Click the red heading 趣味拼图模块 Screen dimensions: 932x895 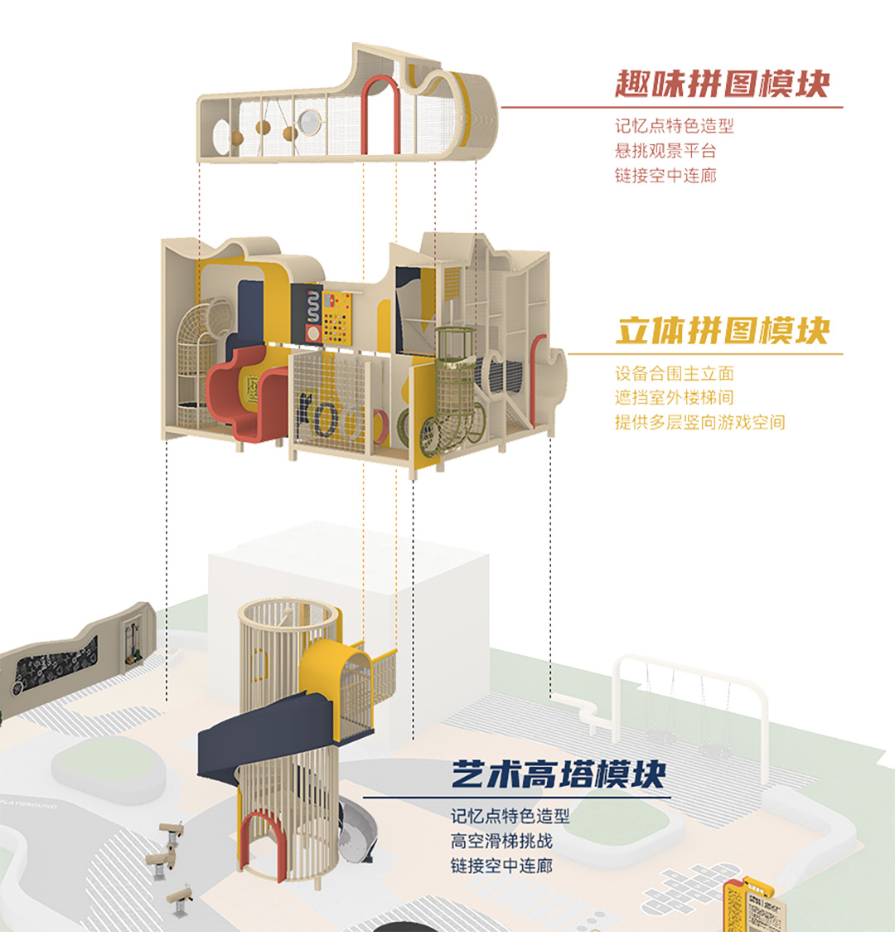[x=722, y=84]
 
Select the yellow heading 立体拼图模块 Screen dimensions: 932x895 [x=722, y=330]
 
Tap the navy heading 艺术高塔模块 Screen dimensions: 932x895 [x=559, y=774]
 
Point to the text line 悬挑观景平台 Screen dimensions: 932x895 [x=665, y=151]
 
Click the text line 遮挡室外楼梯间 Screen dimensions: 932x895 [x=674, y=398]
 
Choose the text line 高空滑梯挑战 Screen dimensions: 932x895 [x=501, y=841]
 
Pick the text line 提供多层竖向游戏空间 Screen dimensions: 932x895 [x=699, y=422]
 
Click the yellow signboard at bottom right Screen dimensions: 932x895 [x=738, y=904]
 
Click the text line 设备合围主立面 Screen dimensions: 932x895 [x=674, y=374]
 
